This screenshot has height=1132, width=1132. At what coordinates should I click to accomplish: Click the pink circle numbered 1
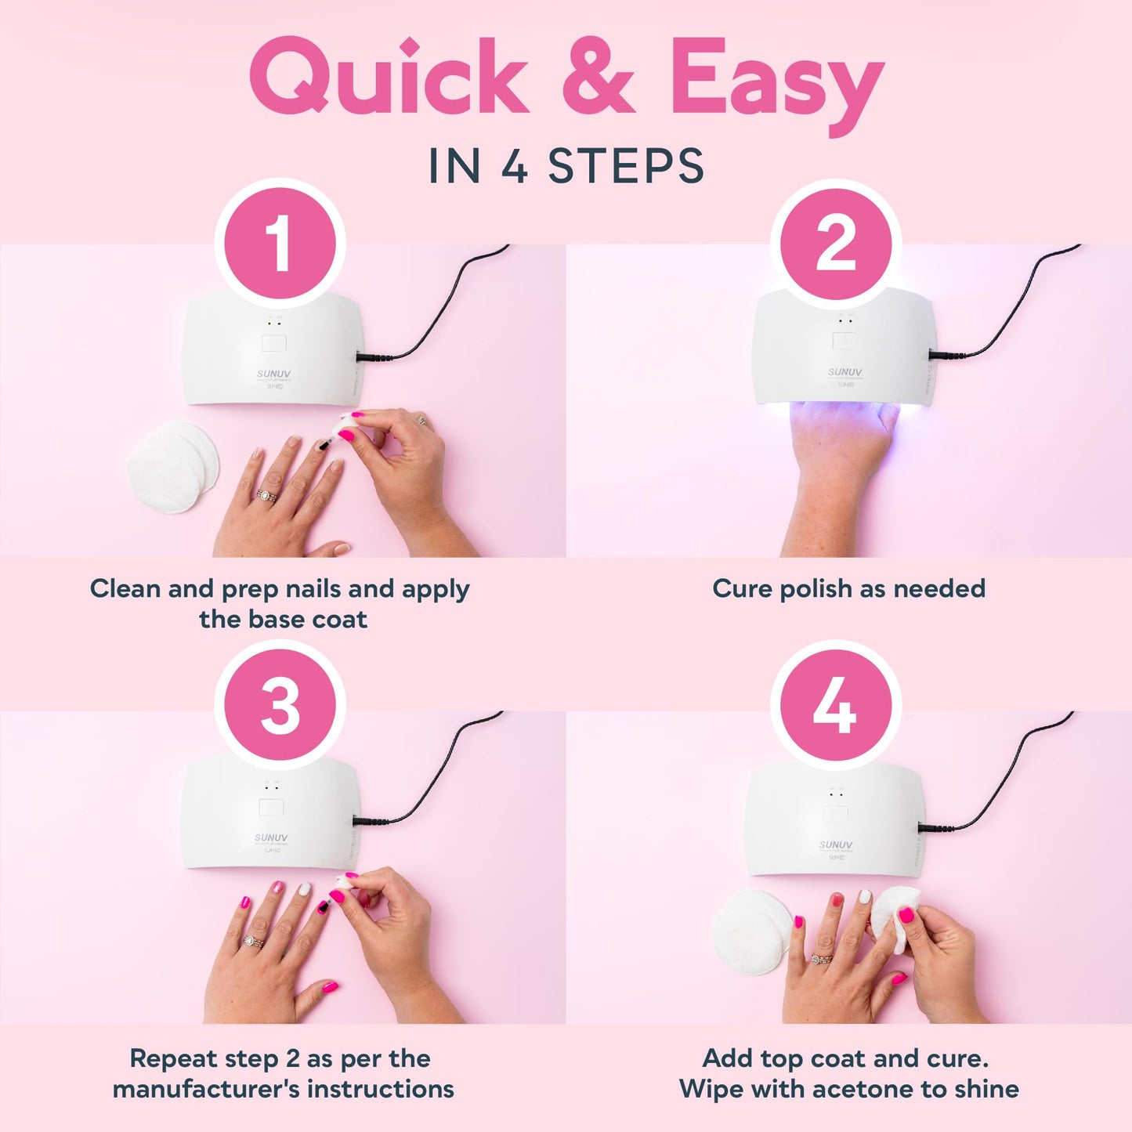(x=280, y=244)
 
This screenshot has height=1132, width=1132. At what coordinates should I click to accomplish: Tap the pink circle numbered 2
(x=835, y=244)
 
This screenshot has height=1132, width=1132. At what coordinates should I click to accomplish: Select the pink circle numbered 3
(x=280, y=706)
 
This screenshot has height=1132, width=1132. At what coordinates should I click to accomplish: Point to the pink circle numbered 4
(x=835, y=706)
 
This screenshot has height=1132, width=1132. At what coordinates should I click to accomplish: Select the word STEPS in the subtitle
(x=626, y=166)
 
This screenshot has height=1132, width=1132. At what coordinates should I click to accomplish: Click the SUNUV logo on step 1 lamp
(x=273, y=374)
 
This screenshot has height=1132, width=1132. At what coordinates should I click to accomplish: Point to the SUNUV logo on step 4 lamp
(x=835, y=844)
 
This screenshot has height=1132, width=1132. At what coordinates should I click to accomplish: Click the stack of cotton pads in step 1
(x=173, y=467)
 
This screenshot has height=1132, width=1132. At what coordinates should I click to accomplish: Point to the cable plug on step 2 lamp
(x=939, y=354)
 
